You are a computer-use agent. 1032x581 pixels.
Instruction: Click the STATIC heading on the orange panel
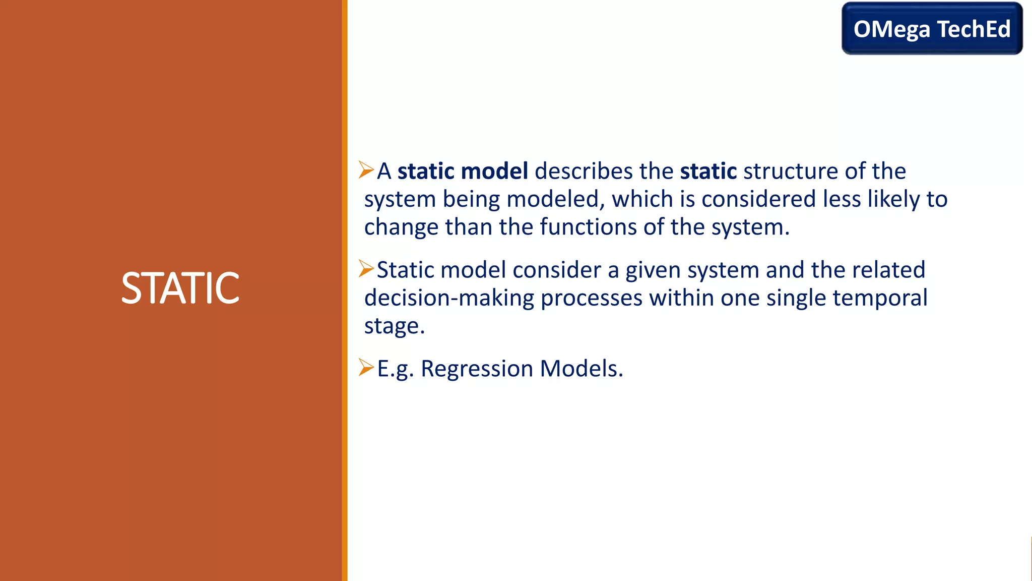tap(180, 288)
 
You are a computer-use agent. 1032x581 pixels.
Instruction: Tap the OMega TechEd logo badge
tap(932, 29)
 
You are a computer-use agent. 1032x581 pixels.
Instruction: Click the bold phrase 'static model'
tap(463, 171)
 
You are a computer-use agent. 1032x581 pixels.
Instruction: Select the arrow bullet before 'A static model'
tap(366, 170)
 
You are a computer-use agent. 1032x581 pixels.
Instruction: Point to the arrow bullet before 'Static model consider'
tap(366, 269)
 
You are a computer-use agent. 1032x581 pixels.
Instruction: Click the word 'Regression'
tap(477, 369)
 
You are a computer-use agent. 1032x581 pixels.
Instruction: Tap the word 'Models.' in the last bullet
tap(582, 369)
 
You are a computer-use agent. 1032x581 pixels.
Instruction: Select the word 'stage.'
tap(395, 326)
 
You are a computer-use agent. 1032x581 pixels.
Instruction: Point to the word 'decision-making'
tap(449, 299)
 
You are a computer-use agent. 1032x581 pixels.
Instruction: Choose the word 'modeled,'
tap(555, 199)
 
